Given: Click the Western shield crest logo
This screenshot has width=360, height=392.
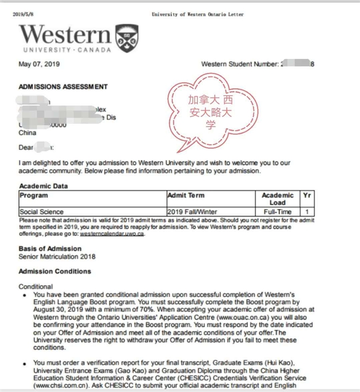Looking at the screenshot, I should point(127,38).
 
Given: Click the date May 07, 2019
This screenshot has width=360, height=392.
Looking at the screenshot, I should point(39,64).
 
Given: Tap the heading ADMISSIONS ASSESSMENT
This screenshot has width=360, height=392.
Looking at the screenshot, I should point(63,87).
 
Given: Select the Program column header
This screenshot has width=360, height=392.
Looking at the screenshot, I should point(34,195).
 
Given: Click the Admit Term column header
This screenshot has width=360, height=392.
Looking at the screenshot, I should point(186,195).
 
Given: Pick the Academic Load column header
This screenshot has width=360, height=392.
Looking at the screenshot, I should point(277,199).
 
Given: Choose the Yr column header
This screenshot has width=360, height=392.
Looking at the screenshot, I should point(307,195).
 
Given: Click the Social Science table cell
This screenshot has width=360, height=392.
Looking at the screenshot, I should point(42,211).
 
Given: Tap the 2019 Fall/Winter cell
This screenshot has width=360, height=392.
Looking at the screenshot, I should point(192,211).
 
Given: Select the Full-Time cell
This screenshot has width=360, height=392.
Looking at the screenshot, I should point(277,211).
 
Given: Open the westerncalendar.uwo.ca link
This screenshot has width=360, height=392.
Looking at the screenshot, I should point(112,234).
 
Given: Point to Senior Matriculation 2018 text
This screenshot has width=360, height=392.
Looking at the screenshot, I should point(57,256).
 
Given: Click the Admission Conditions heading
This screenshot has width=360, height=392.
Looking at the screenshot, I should point(55,271).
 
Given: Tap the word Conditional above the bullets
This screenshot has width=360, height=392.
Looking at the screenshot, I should point(35,286).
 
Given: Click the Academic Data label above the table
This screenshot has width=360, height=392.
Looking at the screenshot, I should point(43,186).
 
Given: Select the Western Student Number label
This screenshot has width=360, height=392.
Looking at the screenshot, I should point(240,64).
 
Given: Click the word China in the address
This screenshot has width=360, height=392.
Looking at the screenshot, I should point(27,133).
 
